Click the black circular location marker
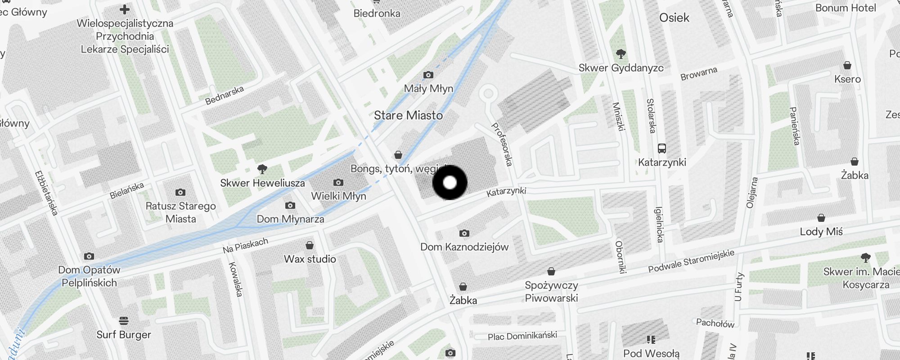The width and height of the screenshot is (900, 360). pyautogui.click(x=450, y=182)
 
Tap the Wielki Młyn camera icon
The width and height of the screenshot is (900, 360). pyautogui.click(x=338, y=182)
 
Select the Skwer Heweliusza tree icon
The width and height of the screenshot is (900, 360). pyautogui.click(x=262, y=169)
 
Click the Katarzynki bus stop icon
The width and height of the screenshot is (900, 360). pyautogui.click(x=661, y=148)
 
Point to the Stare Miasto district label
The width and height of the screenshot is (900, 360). pyautogui.click(x=408, y=116)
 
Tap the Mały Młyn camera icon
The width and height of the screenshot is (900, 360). pyautogui.click(x=428, y=75)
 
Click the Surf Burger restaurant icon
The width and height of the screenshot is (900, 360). pyautogui.click(x=124, y=321)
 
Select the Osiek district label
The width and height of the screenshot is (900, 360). pyautogui.click(x=674, y=18)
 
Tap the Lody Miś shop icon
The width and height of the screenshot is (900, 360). pyautogui.click(x=821, y=218)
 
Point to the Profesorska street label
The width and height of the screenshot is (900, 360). pyautogui.click(x=502, y=144)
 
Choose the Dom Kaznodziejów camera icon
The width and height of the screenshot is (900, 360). pyautogui.click(x=464, y=233)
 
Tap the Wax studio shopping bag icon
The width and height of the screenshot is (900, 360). pyautogui.click(x=310, y=245)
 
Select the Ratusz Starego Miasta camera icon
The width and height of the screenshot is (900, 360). pyautogui.click(x=180, y=192)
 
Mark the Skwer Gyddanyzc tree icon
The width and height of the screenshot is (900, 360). pyautogui.click(x=621, y=54)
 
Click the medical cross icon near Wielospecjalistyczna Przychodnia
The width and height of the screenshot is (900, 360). pyautogui.click(x=125, y=9)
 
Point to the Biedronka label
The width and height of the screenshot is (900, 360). pyautogui.click(x=377, y=13)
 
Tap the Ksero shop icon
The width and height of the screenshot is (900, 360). pyautogui.click(x=847, y=65)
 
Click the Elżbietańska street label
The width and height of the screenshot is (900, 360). pyautogui.click(x=46, y=193)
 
